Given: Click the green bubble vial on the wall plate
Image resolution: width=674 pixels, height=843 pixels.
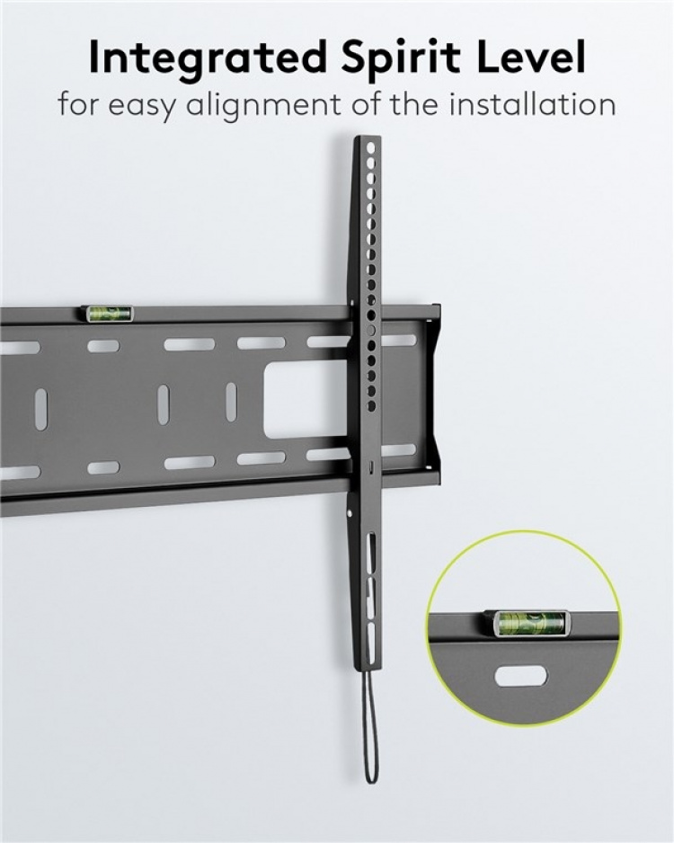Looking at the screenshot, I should (x=109, y=313).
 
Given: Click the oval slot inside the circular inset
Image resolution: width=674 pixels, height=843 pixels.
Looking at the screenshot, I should (x=523, y=673).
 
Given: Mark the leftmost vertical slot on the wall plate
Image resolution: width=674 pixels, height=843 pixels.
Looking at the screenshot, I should (x=40, y=408).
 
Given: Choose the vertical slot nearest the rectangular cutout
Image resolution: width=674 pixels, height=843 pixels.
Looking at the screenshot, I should (x=231, y=402).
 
